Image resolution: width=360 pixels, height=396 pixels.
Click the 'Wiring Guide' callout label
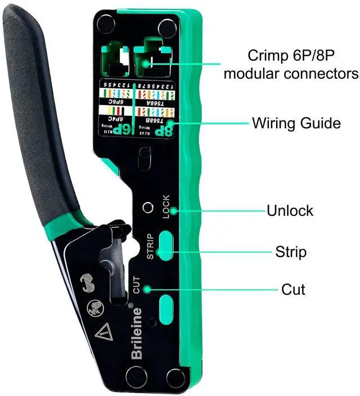pos(296,123)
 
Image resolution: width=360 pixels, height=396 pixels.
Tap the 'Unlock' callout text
pos(290,211)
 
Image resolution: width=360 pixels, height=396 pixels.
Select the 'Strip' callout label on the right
pos(291,251)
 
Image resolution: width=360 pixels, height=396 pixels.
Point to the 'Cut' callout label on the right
pos(293,290)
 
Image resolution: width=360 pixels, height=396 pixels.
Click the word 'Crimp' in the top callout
pos(268,56)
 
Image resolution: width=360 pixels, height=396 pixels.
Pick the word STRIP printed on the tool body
pos(150,246)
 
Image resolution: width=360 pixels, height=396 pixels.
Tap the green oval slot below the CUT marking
pos(166,307)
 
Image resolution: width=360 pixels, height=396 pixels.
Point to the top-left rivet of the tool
pos(105,23)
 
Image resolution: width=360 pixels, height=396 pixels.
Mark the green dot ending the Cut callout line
pos(147,289)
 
